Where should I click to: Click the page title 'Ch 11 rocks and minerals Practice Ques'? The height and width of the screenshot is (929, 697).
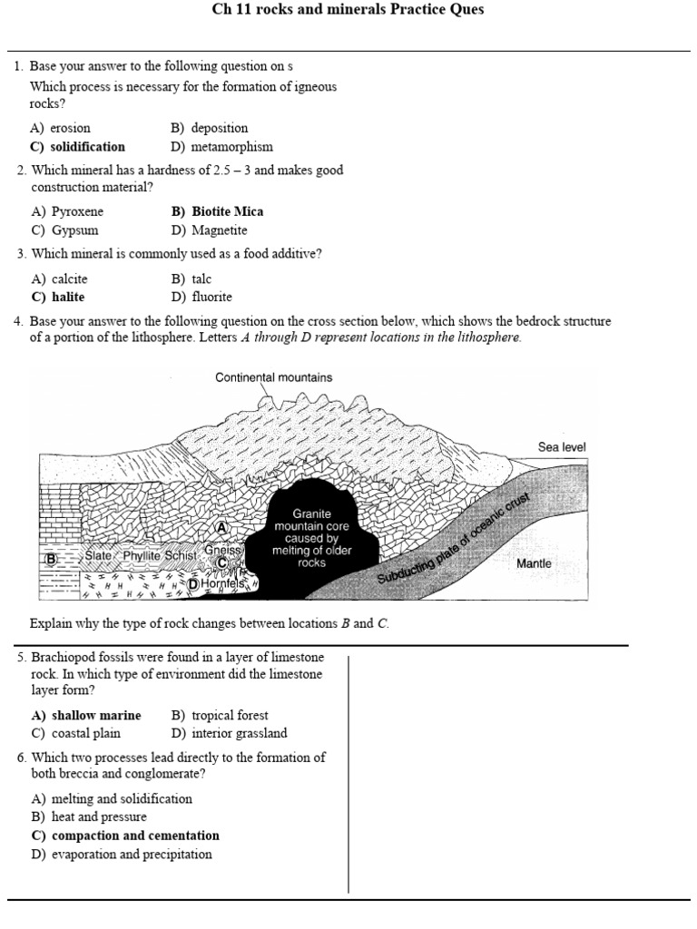tap(348, 10)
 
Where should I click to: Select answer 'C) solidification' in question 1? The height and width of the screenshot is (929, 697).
tap(78, 146)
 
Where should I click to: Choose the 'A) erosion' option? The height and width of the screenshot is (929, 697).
tap(61, 128)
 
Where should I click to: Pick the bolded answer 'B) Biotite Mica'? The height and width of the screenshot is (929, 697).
tap(217, 211)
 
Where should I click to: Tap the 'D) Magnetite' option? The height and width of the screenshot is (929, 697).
tap(209, 230)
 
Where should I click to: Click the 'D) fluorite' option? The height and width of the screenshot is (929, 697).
tap(201, 297)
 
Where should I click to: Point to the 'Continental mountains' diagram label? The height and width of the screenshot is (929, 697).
tap(273, 377)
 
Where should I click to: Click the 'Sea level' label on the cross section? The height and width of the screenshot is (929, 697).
tap(562, 446)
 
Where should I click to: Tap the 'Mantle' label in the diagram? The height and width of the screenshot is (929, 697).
tap(534, 563)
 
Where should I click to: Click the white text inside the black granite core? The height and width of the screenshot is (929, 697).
tap(311, 538)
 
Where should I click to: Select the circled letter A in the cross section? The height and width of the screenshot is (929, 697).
tap(221, 526)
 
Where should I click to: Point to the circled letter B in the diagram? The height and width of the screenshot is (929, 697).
tap(51, 559)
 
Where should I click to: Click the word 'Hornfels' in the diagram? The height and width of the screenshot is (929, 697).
tap(223, 585)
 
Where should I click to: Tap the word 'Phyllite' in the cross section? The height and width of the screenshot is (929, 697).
tap(144, 554)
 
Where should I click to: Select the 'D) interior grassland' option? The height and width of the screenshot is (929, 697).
tap(229, 733)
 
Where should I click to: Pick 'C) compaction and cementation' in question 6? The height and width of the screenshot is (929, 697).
tap(125, 836)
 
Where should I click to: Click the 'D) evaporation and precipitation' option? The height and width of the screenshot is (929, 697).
tap(122, 854)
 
